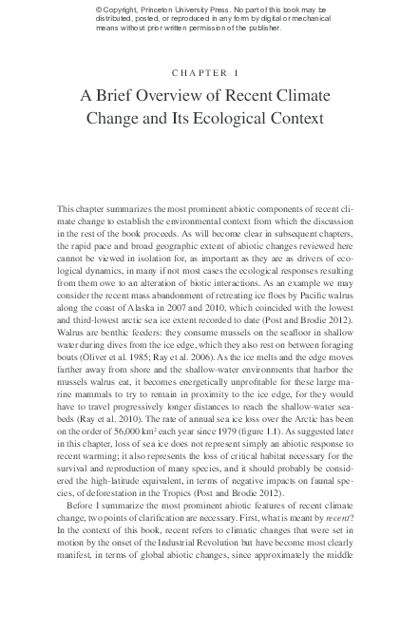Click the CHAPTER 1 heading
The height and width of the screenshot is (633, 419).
tap(209, 72)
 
